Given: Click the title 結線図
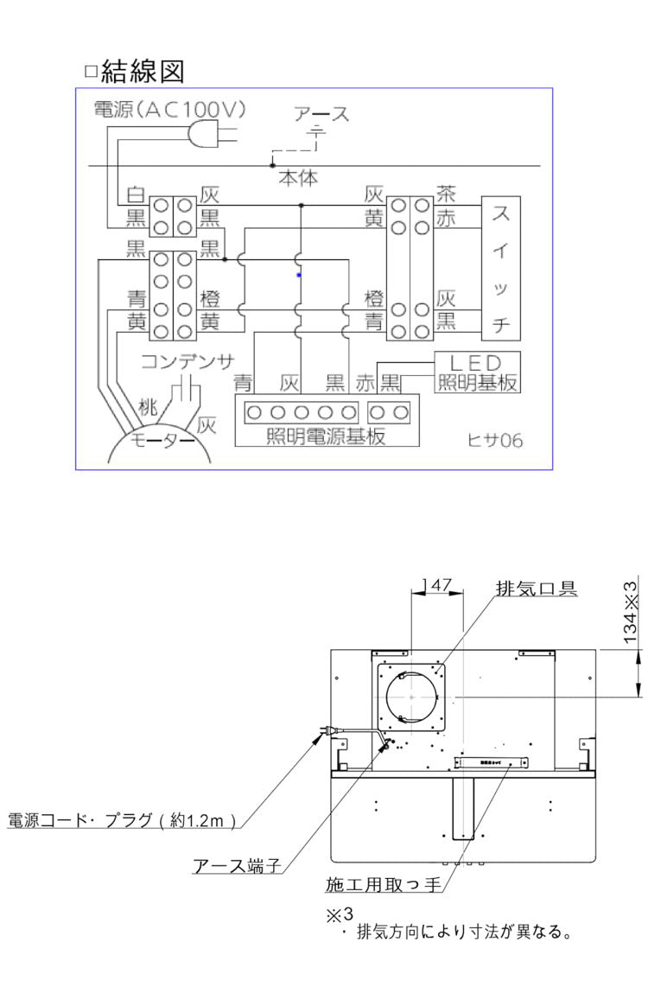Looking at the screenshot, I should pyautogui.click(x=143, y=71).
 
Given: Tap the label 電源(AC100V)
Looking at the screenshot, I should pyautogui.click(x=170, y=110).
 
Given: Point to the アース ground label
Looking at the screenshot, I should pyautogui.click(x=321, y=114).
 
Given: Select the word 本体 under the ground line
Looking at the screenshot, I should pyautogui.click(x=297, y=178).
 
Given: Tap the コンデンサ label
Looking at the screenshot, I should pyautogui.click(x=187, y=360).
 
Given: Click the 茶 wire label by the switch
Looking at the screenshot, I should pyautogui.click(x=445, y=193).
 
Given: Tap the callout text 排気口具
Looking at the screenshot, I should pyautogui.click(x=537, y=589).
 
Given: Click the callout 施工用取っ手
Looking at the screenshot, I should pyautogui.click(x=384, y=884).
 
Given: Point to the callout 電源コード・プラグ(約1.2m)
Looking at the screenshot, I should pyautogui.click(x=122, y=820).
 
